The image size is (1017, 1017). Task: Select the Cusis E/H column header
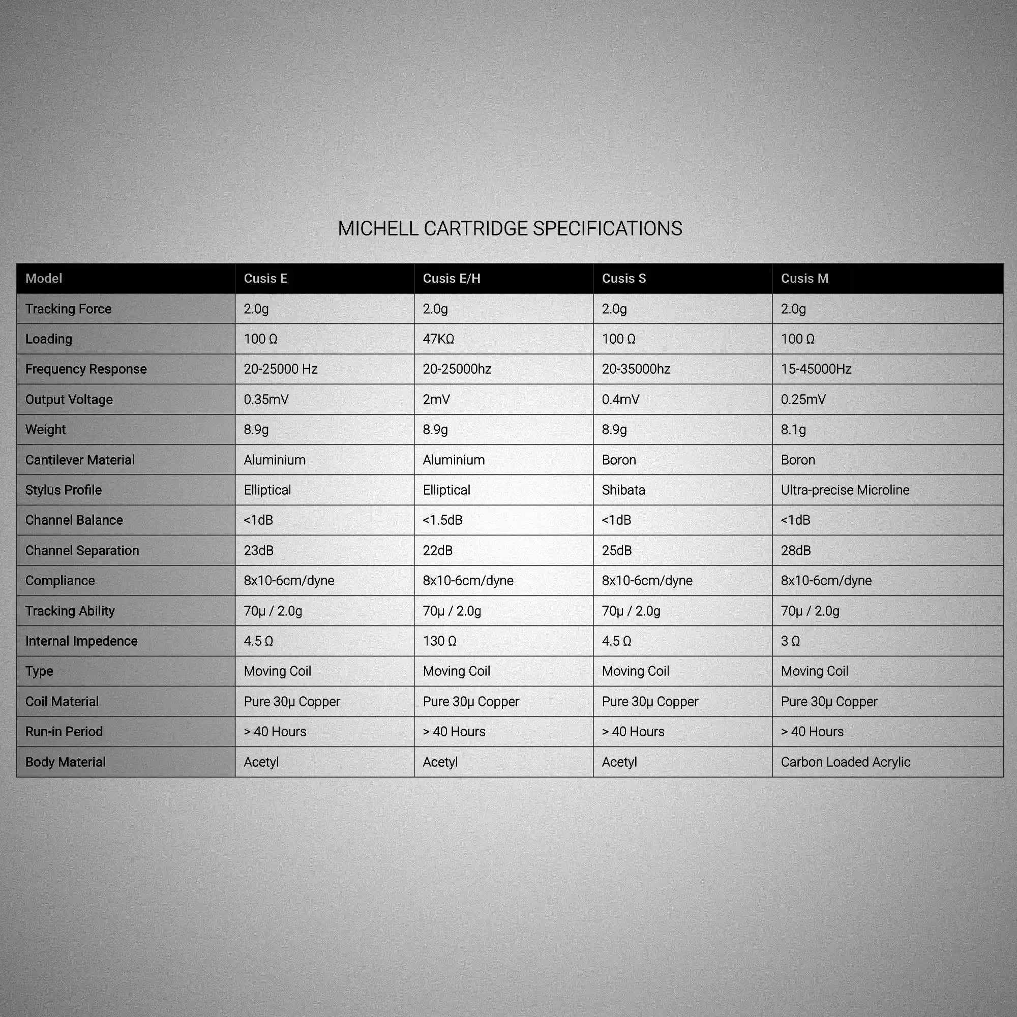[x=451, y=279]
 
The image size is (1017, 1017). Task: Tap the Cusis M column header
[x=804, y=279]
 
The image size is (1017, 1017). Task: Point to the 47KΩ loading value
[x=438, y=339]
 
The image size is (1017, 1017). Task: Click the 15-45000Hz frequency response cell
[x=816, y=369]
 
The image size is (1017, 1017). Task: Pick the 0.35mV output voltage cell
[x=266, y=400]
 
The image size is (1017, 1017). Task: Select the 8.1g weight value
[x=793, y=430]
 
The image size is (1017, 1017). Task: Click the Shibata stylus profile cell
[x=623, y=490]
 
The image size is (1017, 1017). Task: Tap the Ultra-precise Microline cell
[x=845, y=490]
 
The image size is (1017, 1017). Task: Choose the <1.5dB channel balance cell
[x=442, y=520]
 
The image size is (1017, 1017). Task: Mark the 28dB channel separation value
[x=795, y=551]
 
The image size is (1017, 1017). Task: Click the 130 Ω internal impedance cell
[x=439, y=641]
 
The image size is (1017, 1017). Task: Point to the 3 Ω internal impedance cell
[x=790, y=641]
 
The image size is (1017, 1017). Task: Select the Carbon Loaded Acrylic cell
[x=846, y=762]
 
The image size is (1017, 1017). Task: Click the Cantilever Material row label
[x=80, y=460]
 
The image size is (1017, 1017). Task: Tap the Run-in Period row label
[x=64, y=732]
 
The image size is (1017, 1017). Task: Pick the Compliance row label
[x=60, y=581]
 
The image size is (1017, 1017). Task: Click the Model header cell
[x=44, y=279]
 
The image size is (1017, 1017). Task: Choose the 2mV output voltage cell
[x=436, y=400]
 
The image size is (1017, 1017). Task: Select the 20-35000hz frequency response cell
[x=636, y=369]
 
